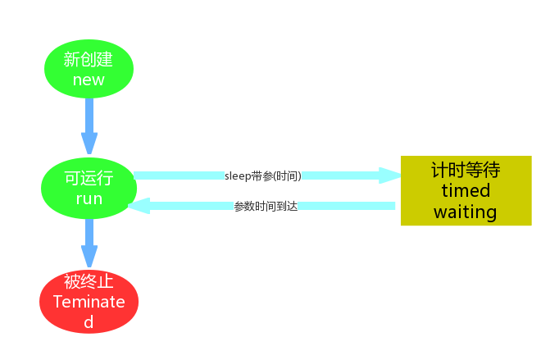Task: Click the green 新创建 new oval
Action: coord(89,70)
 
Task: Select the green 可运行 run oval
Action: coord(89,189)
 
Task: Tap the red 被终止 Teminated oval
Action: coord(89,301)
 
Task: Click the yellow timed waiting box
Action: coord(466,190)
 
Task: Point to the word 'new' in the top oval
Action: coord(89,80)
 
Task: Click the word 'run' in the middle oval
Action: coord(89,199)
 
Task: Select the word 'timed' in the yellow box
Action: coord(465,191)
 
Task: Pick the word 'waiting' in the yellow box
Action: coord(465,212)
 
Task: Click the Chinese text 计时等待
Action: coord(465,170)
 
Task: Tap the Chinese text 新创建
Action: coord(89,60)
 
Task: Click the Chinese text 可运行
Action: coord(89,180)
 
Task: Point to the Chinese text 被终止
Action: coord(89,281)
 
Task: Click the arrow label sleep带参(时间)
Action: coord(262,175)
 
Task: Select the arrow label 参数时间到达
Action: coord(266,206)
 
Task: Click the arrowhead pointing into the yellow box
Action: coord(389,175)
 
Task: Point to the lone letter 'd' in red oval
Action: coord(89,321)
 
